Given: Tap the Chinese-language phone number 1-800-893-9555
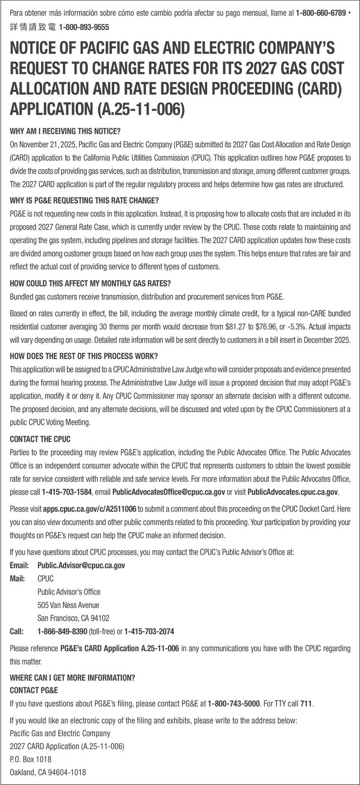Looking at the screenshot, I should [83, 28].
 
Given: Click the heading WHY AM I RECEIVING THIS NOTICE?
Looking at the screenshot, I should [65, 131].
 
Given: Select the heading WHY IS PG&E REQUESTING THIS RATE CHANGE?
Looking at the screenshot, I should [84, 201].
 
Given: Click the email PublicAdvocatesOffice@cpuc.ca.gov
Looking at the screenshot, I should [169, 492].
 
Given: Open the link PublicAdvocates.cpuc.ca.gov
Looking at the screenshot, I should [293, 492].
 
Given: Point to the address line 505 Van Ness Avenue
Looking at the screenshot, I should [68, 605].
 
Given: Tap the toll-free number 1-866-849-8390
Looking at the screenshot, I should [62, 631].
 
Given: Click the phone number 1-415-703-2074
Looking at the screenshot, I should [149, 631].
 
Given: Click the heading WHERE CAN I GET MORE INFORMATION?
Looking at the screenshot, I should [72, 678].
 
